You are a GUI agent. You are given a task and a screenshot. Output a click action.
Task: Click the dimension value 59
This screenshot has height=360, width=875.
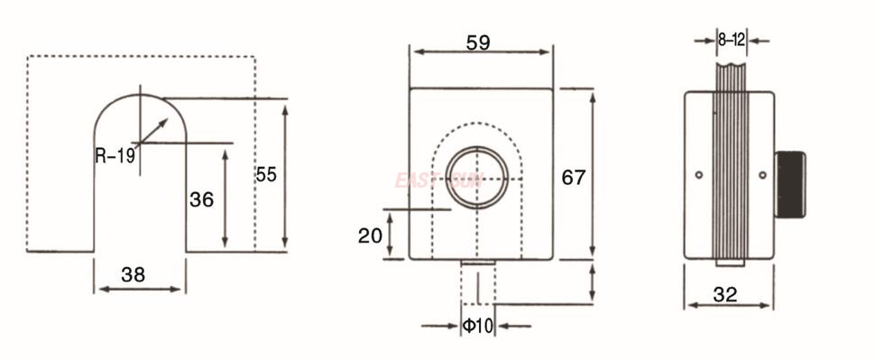click(479, 42)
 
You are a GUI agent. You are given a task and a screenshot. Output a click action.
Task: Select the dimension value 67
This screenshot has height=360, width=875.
click(574, 177)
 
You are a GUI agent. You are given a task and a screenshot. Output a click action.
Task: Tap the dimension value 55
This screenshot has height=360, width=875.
click(266, 174)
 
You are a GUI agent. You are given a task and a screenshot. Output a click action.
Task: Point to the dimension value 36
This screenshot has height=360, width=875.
click(201, 199)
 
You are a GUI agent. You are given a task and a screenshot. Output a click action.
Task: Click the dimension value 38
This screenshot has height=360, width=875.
click(133, 276)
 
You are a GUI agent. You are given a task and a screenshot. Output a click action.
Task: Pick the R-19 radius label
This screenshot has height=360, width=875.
click(115, 155)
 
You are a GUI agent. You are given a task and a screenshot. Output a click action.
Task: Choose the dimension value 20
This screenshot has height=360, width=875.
click(370, 235)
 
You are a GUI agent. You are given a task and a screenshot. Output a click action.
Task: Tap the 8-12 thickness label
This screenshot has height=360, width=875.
click(731, 40)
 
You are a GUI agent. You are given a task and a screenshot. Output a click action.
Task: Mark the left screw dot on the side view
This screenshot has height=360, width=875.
click(698, 174)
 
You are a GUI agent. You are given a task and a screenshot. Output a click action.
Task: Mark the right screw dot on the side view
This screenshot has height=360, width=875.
click(762, 174)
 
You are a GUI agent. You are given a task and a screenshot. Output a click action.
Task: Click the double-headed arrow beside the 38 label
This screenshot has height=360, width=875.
click(140, 289)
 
